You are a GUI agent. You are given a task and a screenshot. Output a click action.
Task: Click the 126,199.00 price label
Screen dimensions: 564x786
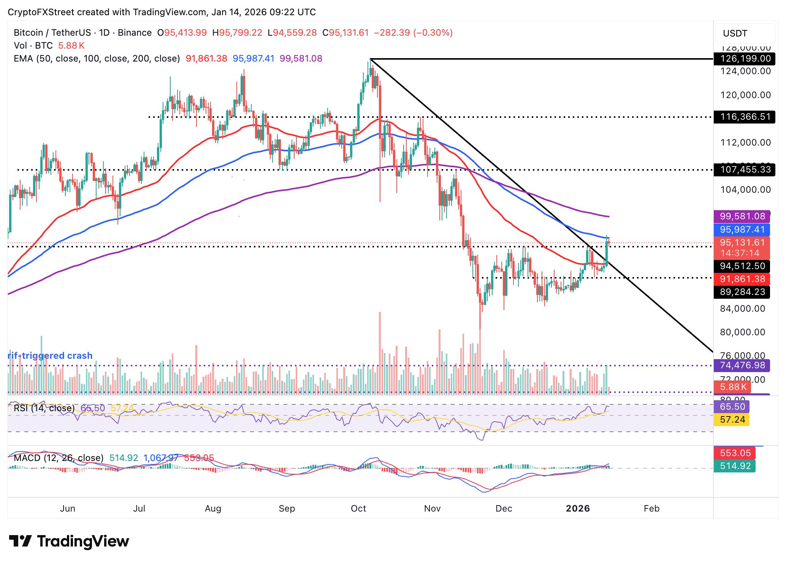click(742, 59)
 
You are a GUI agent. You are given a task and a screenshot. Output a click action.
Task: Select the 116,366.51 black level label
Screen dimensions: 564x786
click(742, 117)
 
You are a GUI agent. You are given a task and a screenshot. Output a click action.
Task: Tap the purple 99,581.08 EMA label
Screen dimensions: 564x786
click(742, 216)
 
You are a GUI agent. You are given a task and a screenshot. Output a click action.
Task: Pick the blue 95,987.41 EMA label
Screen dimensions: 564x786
click(742, 230)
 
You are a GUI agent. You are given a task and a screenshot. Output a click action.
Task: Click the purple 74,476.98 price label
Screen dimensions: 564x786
click(742, 365)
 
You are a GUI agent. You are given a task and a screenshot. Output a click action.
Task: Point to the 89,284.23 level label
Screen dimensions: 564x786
click(742, 292)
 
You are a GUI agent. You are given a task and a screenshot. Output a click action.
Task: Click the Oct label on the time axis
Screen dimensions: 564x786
click(358, 509)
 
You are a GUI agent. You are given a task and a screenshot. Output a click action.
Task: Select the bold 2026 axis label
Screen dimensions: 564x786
click(577, 509)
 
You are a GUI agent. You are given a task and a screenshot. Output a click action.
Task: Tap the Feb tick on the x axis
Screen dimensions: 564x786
click(651, 509)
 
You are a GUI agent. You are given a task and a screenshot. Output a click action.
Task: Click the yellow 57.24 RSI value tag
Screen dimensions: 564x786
click(732, 420)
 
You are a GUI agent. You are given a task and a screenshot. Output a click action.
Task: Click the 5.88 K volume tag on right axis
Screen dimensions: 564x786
click(732, 387)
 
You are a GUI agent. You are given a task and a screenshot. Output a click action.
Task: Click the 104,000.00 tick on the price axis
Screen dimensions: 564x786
click(745, 190)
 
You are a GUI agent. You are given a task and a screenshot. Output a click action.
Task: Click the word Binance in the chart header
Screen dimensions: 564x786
click(135, 33)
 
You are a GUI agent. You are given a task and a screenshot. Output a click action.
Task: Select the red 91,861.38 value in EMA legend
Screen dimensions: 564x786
click(206, 59)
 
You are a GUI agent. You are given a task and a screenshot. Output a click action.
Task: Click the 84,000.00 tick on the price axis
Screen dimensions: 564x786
click(742, 309)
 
